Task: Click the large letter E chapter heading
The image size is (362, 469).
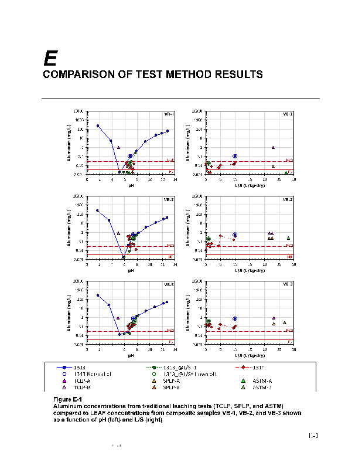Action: pos(50,58)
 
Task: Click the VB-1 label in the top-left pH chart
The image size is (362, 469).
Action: pos(169,114)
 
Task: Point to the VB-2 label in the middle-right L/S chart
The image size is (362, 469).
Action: pos(288,199)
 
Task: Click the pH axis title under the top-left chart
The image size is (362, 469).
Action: pos(131,185)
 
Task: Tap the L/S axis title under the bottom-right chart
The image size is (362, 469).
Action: pos(249,355)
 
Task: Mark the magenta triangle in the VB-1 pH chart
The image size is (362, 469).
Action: pos(118,148)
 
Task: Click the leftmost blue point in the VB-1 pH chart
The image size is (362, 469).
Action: pos(98,125)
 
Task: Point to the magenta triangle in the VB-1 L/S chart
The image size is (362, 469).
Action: pos(273,148)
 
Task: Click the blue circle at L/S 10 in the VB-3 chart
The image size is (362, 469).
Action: pos(234,318)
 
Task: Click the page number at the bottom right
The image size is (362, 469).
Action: pos(313,436)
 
